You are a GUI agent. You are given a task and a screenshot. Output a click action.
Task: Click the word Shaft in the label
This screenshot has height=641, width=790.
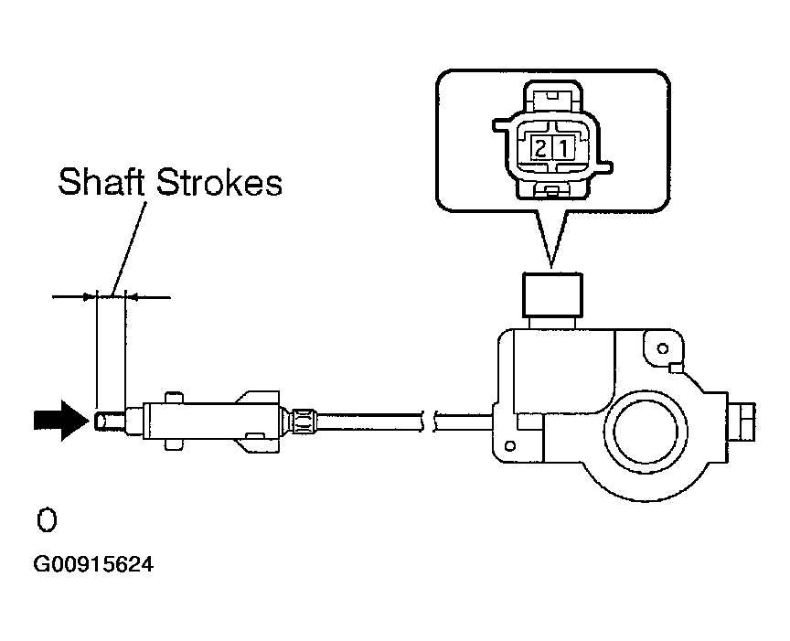tap(101, 181)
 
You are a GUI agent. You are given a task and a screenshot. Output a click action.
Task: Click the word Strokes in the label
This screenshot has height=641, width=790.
tap(219, 181)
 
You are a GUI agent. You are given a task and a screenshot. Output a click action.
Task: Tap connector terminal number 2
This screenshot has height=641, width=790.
tap(540, 149)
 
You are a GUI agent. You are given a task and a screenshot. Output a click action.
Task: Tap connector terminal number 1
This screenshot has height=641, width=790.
tap(563, 149)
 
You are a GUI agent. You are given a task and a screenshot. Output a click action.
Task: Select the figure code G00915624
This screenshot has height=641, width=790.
tap(93, 564)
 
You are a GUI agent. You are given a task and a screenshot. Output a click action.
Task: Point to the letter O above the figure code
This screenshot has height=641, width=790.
tap(47, 520)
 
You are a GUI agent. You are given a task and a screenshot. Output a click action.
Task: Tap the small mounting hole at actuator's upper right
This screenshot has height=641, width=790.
tap(663, 348)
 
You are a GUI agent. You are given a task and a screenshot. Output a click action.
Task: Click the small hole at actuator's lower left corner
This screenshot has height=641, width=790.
tap(510, 446)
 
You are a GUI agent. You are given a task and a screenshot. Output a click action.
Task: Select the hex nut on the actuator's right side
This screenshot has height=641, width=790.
tap(742, 422)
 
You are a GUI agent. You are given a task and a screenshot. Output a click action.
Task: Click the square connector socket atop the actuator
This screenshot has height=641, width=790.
tap(553, 294)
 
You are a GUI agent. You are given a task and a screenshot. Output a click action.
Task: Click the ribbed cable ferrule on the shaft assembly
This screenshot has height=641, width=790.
tap(304, 421)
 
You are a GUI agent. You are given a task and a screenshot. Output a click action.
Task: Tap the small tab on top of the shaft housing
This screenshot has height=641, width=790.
tap(173, 397)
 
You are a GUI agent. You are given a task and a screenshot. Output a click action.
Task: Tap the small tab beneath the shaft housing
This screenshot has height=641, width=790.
tap(173, 444)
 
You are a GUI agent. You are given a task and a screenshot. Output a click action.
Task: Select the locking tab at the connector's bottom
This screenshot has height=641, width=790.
tap(552, 190)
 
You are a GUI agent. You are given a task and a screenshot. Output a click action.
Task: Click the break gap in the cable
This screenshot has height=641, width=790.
tap(429, 422)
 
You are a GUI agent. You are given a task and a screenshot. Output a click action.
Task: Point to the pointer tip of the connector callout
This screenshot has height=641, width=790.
tap(551, 266)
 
